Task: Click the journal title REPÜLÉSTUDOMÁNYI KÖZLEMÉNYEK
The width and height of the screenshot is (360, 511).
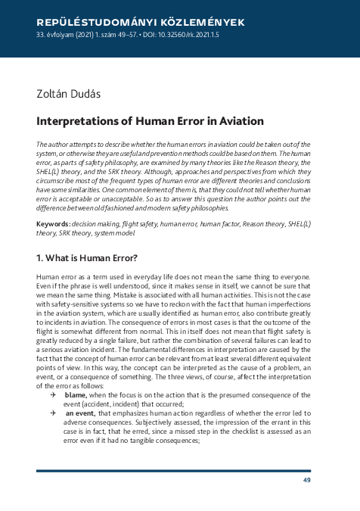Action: (140, 23)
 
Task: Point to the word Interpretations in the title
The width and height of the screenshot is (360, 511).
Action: (74, 121)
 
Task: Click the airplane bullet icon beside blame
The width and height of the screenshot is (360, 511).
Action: (54, 395)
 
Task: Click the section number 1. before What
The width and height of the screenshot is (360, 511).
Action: (42, 258)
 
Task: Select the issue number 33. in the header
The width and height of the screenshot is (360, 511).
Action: (42, 36)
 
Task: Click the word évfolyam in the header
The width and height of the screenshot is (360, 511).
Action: (59, 36)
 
